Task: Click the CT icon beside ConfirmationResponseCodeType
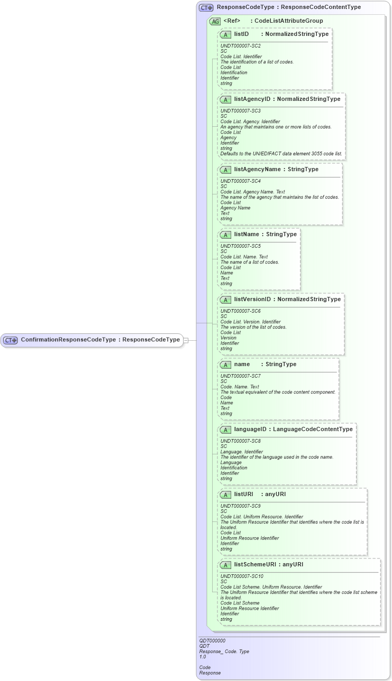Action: click(x=11, y=340)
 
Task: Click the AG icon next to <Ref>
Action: click(x=215, y=22)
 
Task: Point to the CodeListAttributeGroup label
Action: click(x=289, y=21)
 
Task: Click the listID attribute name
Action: click(x=241, y=34)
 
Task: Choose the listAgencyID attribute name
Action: click(x=252, y=99)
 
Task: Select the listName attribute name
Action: click(x=247, y=234)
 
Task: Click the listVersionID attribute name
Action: click(x=252, y=299)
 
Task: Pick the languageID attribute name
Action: click(x=250, y=429)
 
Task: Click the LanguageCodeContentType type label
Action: click(x=313, y=429)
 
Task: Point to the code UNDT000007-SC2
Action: click(x=240, y=46)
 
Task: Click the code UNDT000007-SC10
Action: click(x=242, y=576)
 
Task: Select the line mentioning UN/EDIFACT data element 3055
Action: click(x=281, y=154)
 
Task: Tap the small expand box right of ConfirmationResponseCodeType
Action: click(x=186, y=340)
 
